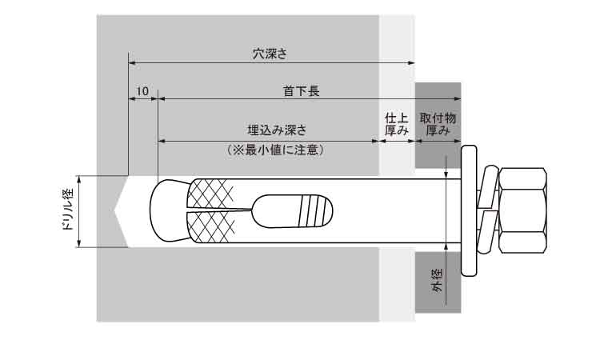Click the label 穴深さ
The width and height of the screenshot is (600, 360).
(270, 54)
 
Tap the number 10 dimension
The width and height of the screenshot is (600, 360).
(142, 91)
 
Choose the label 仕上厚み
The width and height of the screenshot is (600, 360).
(397, 123)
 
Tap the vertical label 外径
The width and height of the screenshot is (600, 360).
(437, 282)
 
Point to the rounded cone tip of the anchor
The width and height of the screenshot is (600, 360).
(166, 211)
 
